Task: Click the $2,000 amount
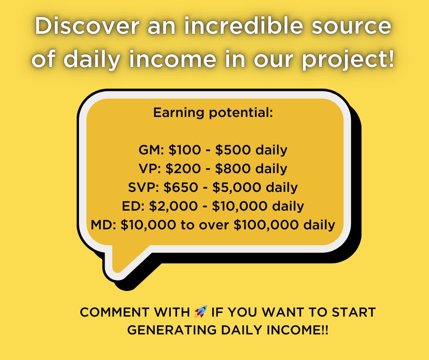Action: point(174,206)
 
